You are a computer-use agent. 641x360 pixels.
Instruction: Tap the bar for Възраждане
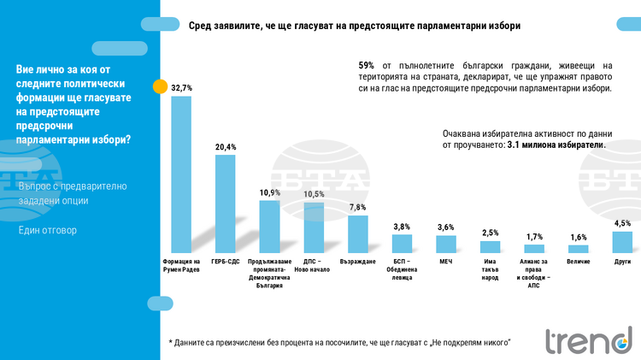(x=357, y=233)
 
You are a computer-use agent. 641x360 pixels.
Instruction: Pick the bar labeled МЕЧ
(x=445, y=244)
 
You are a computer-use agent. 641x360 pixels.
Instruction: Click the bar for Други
(x=622, y=241)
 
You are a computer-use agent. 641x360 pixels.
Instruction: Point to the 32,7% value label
(x=181, y=87)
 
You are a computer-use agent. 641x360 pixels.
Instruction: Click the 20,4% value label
(x=226, y=147)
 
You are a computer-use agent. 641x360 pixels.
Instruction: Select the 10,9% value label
(x=270, y=193)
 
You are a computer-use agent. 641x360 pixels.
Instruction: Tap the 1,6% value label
(x=579, y=238)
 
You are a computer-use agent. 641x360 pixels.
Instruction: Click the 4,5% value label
(x=623, y=223)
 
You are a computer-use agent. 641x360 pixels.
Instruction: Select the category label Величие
(x=579, y=261)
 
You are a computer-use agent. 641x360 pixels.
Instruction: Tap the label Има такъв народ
(x=490, y=268)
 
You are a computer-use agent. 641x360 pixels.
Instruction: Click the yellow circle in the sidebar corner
(x=160, y=86)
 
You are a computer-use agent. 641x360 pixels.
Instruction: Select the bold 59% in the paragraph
(x=366, y=65)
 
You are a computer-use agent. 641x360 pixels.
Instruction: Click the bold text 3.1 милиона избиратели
(x=556, y=145)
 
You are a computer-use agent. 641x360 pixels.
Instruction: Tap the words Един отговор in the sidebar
(x=48, y=230)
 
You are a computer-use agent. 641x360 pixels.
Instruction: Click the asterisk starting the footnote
(x=171, y=342)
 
